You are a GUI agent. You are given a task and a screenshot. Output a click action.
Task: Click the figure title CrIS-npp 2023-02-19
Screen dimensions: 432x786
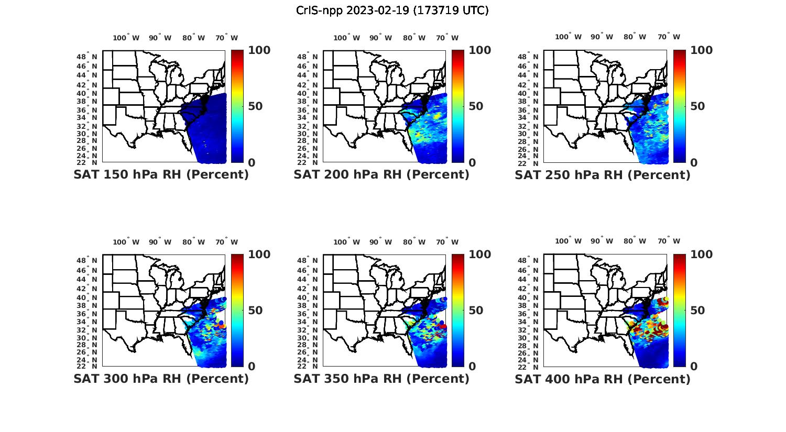point(392,10)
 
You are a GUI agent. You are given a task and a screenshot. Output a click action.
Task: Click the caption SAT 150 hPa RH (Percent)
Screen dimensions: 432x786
point(161,175)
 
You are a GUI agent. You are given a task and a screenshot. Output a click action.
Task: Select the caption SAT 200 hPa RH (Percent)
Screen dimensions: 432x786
point(381,175)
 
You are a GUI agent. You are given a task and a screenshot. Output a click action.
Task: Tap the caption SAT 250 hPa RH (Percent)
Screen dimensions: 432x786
point(603,175)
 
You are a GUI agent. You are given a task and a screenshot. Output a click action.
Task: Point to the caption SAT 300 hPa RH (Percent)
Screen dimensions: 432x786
point(161,379)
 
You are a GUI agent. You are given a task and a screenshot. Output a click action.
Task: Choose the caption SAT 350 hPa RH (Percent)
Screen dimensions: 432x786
point(381,379)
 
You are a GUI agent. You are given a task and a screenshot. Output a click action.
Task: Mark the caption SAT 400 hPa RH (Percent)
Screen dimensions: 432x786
point(603,379)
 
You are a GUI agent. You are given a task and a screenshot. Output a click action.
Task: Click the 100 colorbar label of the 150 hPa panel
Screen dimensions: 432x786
point(259,50)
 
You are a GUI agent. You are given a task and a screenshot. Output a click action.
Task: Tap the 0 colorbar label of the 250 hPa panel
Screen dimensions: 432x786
point(694,163)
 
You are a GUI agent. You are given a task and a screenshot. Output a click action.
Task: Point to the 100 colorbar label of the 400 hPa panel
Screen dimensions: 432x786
point(702,254)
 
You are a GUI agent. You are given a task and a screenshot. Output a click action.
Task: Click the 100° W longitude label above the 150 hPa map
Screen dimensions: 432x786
point(126,38)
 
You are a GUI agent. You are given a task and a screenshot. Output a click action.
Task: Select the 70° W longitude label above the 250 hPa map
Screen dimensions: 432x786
point(669,37)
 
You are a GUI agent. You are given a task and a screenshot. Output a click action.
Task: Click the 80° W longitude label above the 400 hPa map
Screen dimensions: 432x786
point(635,241)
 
